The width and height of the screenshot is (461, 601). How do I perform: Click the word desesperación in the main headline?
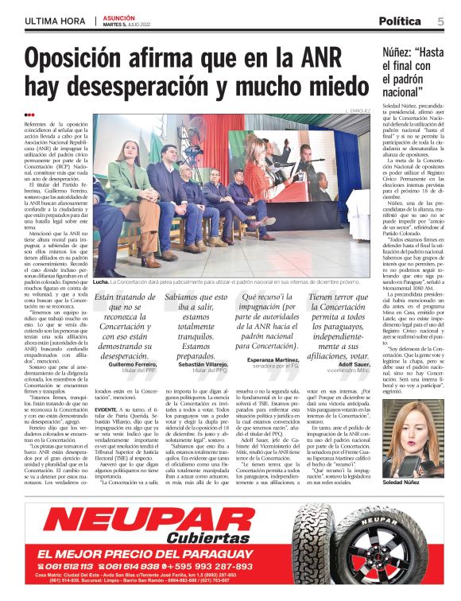click(151, 87)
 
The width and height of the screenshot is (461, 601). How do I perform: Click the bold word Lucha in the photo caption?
click(101, 281)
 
